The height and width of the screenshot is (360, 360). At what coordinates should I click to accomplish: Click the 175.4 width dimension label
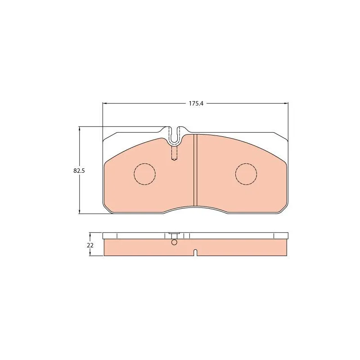(x=196, y=103)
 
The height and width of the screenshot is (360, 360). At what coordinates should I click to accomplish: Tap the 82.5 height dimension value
(x=79, y=171)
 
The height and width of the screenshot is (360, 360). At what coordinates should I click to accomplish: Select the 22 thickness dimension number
(x=90, y=245)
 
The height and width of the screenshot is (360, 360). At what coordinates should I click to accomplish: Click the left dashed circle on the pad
(x=144, y=174)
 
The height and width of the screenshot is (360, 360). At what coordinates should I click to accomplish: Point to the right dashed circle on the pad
(x=246, y=174)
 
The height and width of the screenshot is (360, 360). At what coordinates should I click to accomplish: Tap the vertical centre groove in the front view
(x=195, y=170)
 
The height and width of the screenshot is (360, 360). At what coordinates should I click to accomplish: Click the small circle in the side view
(x=174, y=242)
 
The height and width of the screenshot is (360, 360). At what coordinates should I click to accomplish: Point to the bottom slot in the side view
(x=195, y=252)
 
